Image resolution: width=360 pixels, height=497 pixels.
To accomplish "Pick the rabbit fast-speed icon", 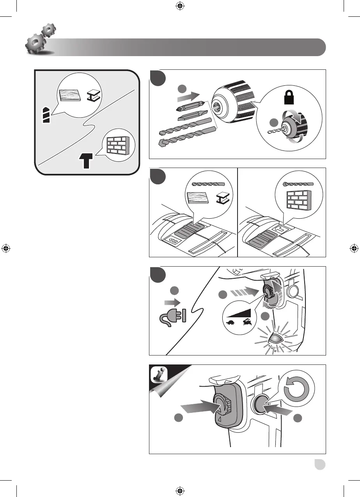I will (247, 322).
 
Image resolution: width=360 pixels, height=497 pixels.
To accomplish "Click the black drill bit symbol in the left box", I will (46, 115).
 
